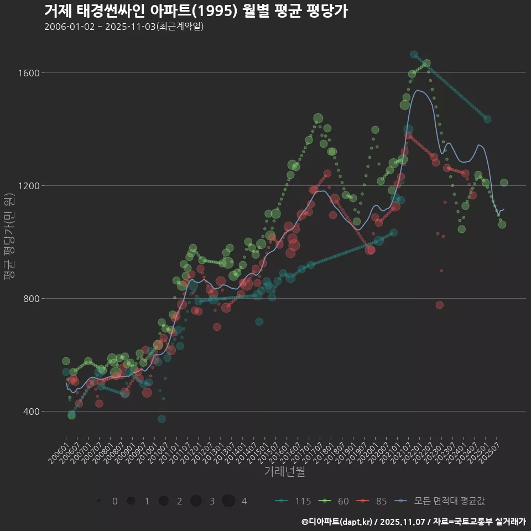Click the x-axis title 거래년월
pyautogui.click(x=284, y=471)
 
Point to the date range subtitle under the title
pyautogui.click(x=124, y=27)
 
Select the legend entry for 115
pyautogui.click(x=293, y=501)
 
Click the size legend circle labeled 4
pyautogui.click(x=228, y=501)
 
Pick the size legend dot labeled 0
pyautogui.click(x=98, y=501)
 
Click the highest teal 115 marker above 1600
pyautogui.click(x=414, y=54)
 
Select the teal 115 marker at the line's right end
pyautogui.click(x=487, y=119)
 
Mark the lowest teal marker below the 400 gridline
pyautogui.click(x=162, y=419)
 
